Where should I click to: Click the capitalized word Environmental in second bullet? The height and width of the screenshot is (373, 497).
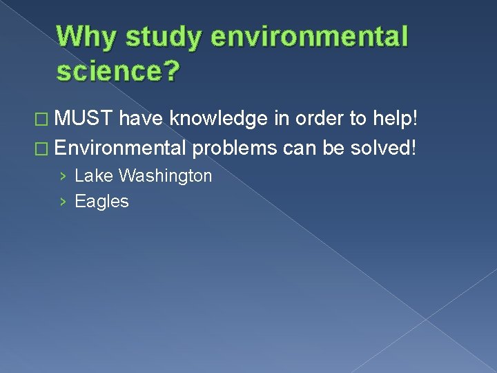coord(121,148)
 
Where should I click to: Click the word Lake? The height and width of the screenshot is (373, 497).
coord(94,176)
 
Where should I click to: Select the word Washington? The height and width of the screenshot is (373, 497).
coord(165,176)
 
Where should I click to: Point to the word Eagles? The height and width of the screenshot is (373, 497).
coord(101,202)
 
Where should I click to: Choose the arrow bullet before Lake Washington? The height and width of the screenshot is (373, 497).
coord(63,177)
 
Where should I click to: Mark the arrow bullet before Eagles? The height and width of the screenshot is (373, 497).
coord(63,202)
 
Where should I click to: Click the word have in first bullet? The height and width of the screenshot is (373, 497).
coord(142,120)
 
